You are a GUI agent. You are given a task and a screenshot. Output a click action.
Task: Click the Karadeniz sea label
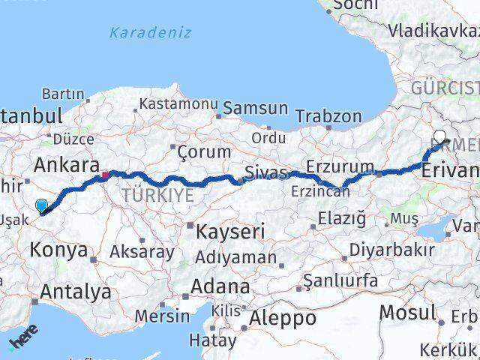click(x=150, y=33)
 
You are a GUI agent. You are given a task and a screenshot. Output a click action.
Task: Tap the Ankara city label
click(x=67, y=164)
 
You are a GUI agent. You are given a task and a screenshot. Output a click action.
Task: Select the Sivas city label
click(x=268, y=173)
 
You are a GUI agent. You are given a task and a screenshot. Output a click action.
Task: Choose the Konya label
click(x=59, y=250)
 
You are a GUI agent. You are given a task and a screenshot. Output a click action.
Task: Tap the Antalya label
click(x=77, y=292)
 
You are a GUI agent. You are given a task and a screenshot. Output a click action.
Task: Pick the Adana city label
click(x=220, y=286)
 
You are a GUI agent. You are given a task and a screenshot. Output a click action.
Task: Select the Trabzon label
click(x=328, y=116)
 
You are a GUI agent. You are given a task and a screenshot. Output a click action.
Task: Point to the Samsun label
click(x=255, y=108)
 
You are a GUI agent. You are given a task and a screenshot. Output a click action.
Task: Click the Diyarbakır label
click(x=403, y=250)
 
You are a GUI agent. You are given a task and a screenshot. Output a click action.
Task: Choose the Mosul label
click(x=408, y=312)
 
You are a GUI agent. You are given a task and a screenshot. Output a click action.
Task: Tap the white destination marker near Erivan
click(x=439, y=138)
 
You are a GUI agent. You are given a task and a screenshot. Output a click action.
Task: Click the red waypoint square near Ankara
click(x=105, y=175)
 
